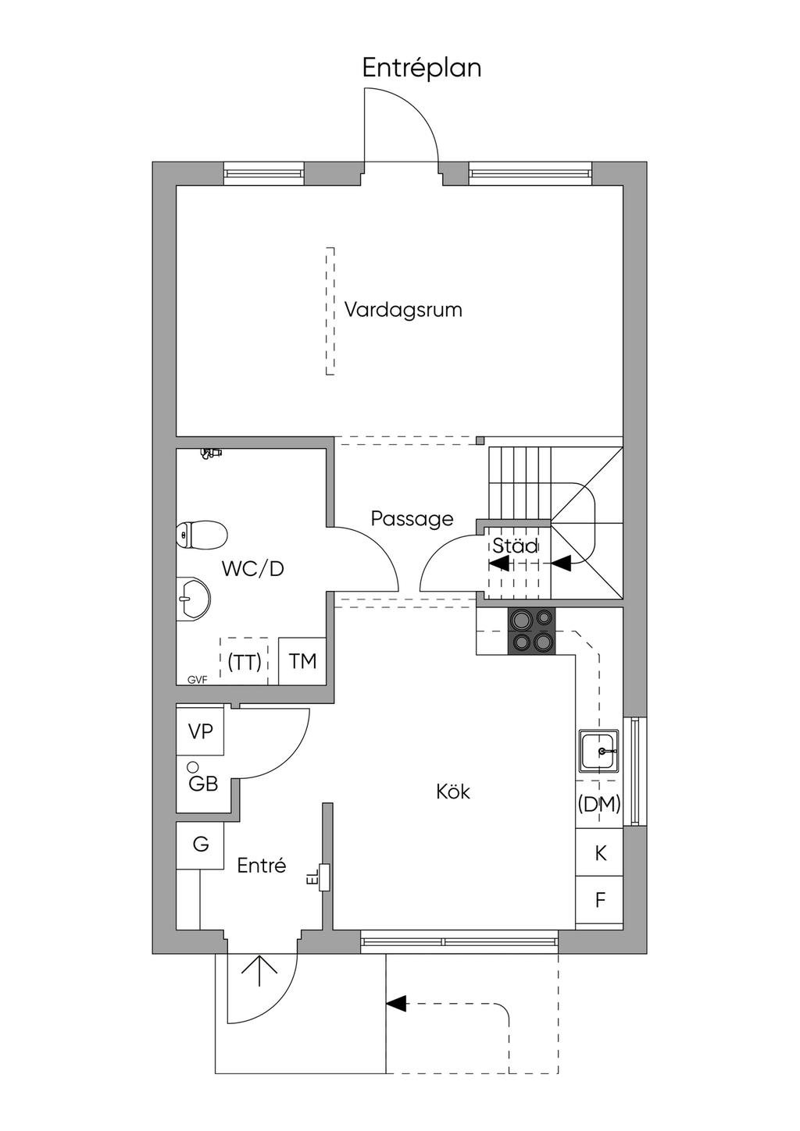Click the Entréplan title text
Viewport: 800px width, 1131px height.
421,69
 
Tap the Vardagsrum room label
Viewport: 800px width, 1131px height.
403,310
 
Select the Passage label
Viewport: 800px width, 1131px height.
412,519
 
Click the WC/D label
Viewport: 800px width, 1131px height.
252,569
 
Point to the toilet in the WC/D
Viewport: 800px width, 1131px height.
201,535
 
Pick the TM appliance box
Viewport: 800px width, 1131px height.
302,662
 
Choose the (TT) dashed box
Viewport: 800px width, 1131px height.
245,662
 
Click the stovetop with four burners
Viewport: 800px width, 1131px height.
531,631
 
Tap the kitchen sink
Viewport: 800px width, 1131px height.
599,751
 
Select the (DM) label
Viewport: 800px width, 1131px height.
599,804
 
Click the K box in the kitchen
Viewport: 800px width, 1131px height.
600,853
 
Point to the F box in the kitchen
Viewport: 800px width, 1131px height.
600,900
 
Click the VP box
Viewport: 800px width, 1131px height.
201,731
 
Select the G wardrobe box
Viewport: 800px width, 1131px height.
201,845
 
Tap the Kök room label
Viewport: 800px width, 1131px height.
453,792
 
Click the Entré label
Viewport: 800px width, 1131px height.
262,866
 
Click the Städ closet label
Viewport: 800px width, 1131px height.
515,546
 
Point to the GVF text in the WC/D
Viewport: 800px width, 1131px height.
197,680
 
